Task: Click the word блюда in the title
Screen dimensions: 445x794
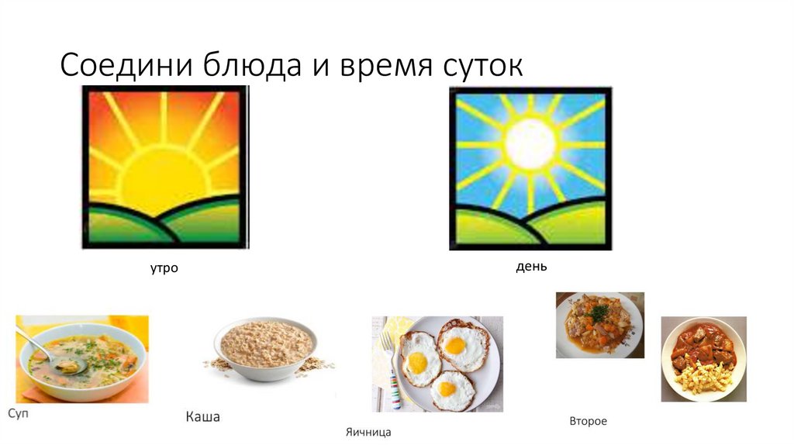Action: [x=248, y=66]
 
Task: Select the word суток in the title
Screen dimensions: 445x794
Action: [x=481, y=66]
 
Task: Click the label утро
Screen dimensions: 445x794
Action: [x=164, y=268]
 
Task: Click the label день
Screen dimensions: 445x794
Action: [x=531, y=267]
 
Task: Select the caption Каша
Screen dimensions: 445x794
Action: [x=202, y=417]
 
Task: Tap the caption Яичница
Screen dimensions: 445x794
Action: [x=368, y=432]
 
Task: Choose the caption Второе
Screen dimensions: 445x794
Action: [x=588, y=421]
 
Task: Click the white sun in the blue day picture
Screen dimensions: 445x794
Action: [x=530, y=143]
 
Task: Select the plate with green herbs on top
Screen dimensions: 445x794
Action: [x=599, y=324]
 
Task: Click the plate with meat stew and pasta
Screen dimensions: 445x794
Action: [x=703, y=359]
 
